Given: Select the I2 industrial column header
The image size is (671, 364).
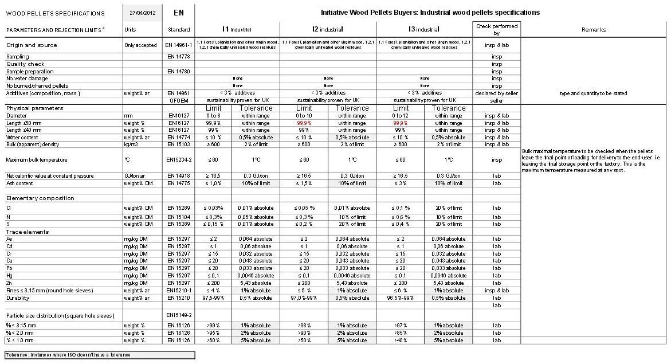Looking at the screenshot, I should click(327, 29).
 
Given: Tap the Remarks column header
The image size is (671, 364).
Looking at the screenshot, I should click(594, 29).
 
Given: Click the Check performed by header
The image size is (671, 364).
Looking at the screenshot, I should click(497, 29).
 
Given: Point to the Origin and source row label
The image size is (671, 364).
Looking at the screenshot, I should click(32, 45).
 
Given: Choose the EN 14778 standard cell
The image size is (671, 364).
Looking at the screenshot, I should click(179, 57).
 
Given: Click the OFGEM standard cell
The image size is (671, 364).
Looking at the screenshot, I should click(179, 100).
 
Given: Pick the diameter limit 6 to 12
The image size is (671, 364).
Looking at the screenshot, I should click(401, 116).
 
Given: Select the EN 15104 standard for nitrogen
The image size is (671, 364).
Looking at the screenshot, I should click(179, 217).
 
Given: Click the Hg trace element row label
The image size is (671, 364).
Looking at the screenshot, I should click(10, 276).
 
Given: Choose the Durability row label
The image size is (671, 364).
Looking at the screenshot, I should click(18, 298).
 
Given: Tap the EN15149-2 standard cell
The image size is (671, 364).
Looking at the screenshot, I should click(179, 315).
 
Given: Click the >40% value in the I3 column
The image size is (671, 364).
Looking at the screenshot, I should click(401, 340).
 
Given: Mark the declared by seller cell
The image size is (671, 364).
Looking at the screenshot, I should click(497, 93).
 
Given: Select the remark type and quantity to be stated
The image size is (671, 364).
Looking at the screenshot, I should click(594, 93).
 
